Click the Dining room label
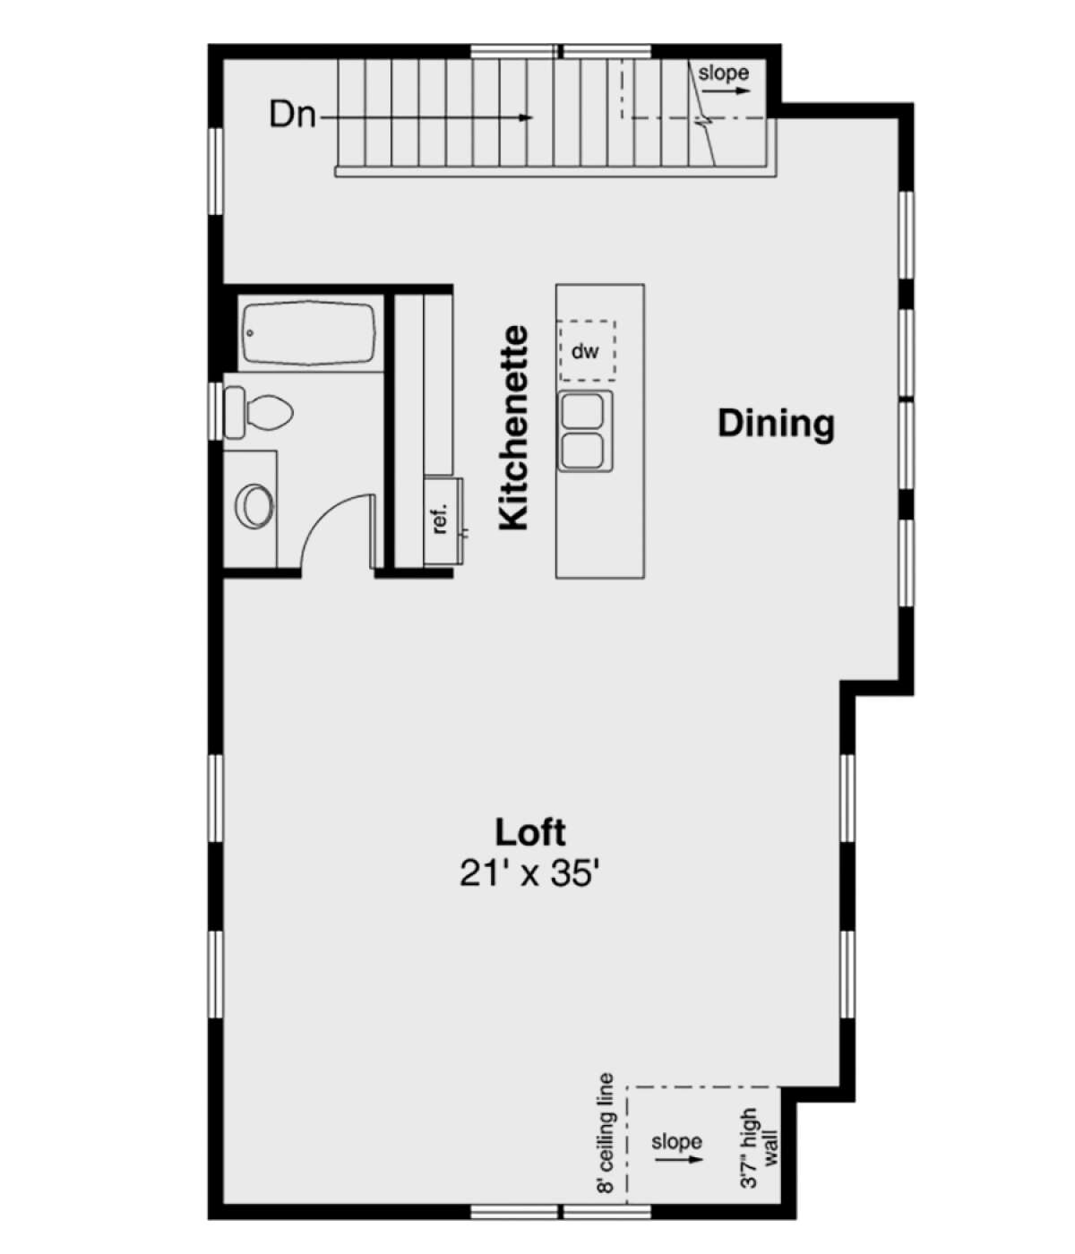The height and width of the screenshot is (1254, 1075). pyautogui.click(x=776, y=424)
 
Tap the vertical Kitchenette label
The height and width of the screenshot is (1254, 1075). pyautogui.click(x=514, y=428)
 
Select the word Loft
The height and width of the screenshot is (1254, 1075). pyautogui.click(x=530, y=832)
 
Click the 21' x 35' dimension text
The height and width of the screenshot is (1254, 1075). pyautogui.click(x=529, y=872)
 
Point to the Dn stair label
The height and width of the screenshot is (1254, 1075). pyautogui.click(x=292, y=115)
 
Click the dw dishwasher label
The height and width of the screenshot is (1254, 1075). pyautogui.click(x=585, y=351)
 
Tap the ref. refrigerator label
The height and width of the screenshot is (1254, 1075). pyautogui.click(x=440, y=519)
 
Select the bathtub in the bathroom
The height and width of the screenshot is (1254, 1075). pyautogui.click(x=308, y=332)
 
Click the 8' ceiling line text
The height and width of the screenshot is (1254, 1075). pyautogui.click(x=606, y=1134)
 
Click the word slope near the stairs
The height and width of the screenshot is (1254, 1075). pyautogui.click(x=723, y=73)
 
